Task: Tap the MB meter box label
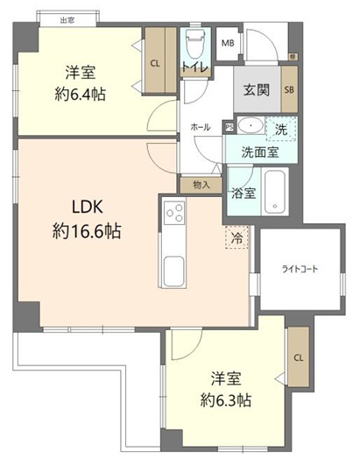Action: pos(228,43)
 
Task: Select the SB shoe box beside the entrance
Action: pos(289,89)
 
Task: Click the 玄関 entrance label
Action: pos(257,89)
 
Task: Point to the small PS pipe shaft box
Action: pos(229,128)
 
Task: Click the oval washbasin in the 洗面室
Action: pos(251,125)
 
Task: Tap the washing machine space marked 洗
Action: pos(281,129)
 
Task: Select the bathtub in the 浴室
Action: pos(275,192)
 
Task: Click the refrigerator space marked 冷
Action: pos(236,237)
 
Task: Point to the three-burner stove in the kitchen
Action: pos(174,213)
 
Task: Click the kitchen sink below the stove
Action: pos(174,271)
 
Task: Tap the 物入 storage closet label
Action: pos(201,185)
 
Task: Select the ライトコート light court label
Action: pos(300,269)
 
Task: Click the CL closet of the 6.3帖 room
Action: pos(299,357)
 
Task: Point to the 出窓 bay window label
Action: pos(67,20)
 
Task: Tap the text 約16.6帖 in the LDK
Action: pos(87,231)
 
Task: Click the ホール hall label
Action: pos(201,127)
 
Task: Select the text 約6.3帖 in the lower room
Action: pos(226,400)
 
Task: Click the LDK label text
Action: pos(88,207)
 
